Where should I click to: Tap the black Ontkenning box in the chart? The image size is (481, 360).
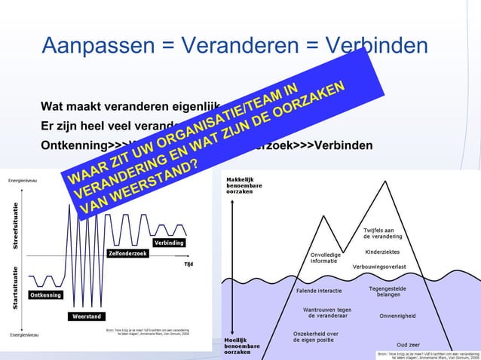(x=45, y=295)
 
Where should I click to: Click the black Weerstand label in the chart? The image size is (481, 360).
(x=87, y=316)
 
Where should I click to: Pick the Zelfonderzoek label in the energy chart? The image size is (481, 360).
(x=127, y=253)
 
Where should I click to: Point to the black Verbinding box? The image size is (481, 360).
(x=170, y=243)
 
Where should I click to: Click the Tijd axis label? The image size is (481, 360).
(x=189, y=264)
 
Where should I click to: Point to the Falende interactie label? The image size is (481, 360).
(x=320, y=291)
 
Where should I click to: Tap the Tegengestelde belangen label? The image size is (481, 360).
(x=389, y=291)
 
